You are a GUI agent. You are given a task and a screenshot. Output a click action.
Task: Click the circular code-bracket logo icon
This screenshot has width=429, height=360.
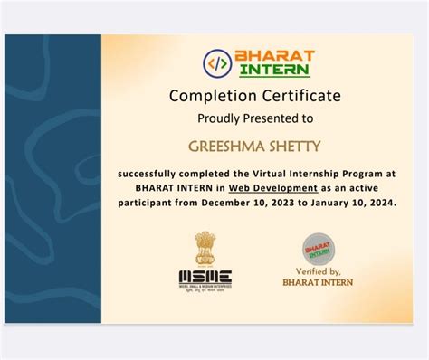tap(217, 63)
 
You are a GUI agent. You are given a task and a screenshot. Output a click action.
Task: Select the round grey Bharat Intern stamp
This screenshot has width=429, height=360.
tap(316, 246)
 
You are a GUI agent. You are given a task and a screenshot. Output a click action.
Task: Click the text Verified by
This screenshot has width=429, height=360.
tap(317, 271)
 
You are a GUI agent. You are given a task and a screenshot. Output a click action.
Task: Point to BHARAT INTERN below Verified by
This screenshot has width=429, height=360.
tap(318, 282)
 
